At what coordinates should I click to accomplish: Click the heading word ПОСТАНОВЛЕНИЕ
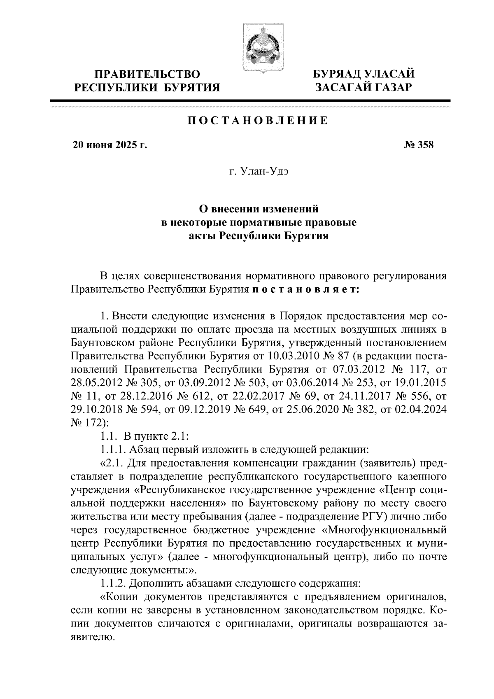coord(258,121)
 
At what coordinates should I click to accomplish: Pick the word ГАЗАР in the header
coord(390,87)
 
